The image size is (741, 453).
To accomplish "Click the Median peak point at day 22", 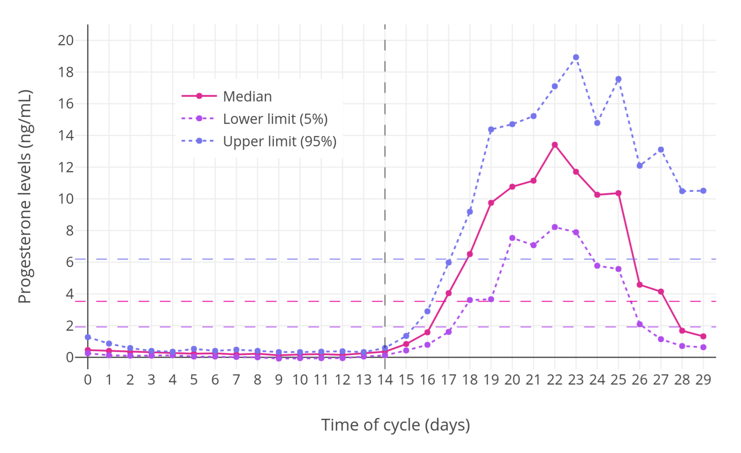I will (554, 145).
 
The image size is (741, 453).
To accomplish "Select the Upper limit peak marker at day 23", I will (576, 57).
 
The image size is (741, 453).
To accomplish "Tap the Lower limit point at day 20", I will (512, 238).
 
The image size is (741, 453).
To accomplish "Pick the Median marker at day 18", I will (470, 254).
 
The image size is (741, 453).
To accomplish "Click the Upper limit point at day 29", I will (703, 191).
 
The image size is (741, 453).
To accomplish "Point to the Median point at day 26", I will (640, 285).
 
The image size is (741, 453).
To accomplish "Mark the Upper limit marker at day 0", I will (88, 337).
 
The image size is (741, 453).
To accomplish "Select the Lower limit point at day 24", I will (597, 266).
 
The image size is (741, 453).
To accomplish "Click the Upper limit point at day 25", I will (618, 79).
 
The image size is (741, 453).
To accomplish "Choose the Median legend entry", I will (247, 96).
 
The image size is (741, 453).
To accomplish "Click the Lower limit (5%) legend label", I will (275, 119).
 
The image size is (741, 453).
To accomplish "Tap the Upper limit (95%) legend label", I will (280, 141).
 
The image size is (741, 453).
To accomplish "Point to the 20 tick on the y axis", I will (66, 40).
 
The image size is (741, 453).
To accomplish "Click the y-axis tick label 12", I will (66, 167).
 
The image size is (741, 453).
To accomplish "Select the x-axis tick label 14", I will (385, 380).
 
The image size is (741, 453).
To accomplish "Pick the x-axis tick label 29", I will (703, 380).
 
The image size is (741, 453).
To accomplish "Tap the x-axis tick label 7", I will (236, 380).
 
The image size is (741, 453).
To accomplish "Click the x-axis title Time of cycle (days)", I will (396, 425).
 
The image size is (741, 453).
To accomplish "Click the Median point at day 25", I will (618, 193).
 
